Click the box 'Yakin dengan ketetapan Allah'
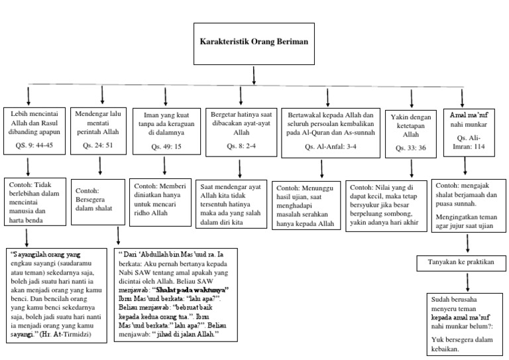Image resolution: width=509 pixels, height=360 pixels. point(412,129)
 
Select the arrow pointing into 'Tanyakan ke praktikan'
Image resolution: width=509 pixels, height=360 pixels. point(468,245)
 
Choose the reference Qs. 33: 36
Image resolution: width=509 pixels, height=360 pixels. point(412,148)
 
